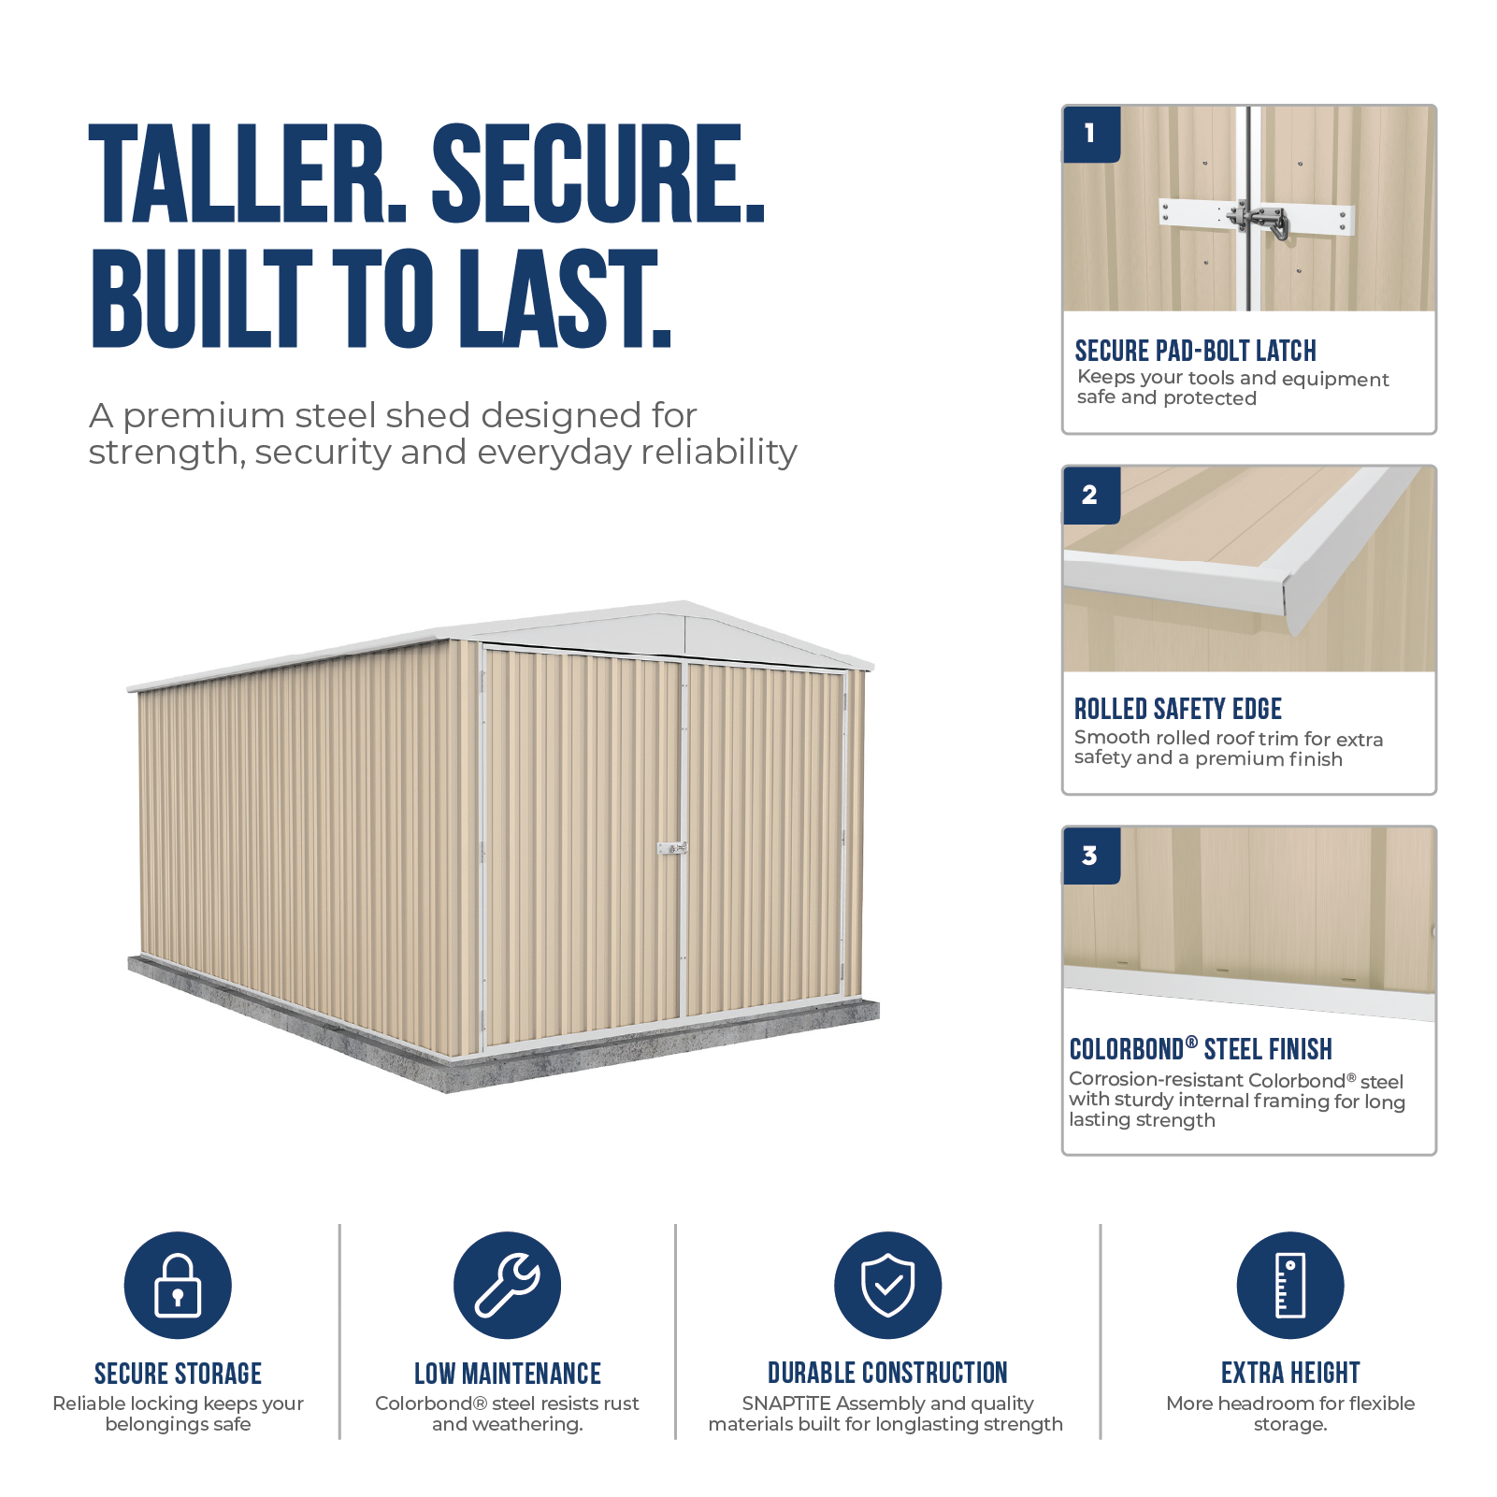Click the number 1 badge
[x=1091, y=134]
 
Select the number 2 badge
[x=1091, y=495]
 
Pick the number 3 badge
[x=1091, y=856]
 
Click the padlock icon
[x=178, y=1285]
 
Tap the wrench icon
[x=507, y=1285]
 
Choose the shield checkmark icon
[x=887, y=1285]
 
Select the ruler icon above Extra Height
[x=1290, y=1285]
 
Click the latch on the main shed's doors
[x=672, y=849]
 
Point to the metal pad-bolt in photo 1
[x=1259, y=221]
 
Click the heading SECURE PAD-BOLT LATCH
[x=1195, y=351]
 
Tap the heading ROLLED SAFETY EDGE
[x=1177, y=709]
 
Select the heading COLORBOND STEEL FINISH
[x=1201, y=1049]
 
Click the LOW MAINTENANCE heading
[x=508, y=1373]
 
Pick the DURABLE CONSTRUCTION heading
[x=887, y=1373]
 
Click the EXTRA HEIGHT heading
[x=1290, y=1373]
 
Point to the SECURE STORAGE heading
[x=178, y=1373]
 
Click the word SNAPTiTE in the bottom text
[x=786, y=1403]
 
